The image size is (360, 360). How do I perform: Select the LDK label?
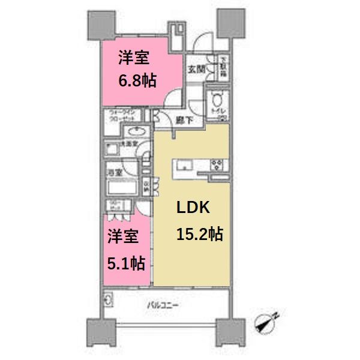tap(193, 208)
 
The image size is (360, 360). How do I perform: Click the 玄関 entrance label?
tap(196, 70)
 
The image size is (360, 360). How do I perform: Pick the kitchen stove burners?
tap(216, 165)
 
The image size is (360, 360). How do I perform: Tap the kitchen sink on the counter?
tap(182, 164)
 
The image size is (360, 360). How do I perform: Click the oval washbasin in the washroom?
tap(136, 132)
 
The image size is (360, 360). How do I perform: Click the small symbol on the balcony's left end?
tap(109, 299)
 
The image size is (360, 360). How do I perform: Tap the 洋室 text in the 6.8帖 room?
tap(130, 59)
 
